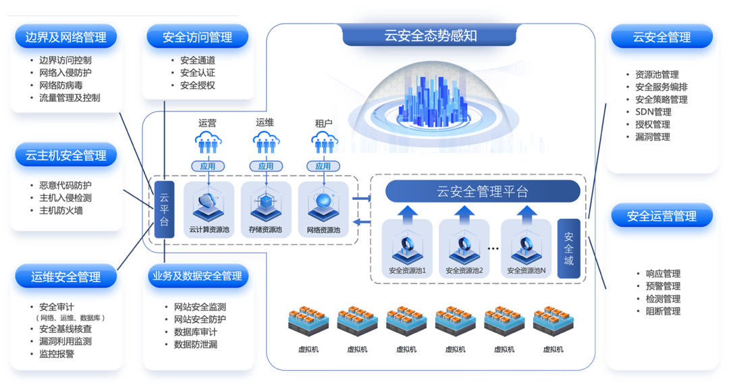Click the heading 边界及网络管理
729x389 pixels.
pos(65,37)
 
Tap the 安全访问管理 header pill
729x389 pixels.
pos(198,37)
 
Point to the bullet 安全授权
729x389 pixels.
pos(198,85)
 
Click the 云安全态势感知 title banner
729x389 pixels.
pos(431,36)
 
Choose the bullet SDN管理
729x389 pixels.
pos(653,111)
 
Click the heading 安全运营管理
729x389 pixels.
pos(661,216)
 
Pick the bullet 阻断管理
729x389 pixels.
pos(663,311)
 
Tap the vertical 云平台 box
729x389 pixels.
pos(164,209)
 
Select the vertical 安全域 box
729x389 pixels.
pos(568,250)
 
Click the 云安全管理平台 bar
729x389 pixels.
pos(483,191)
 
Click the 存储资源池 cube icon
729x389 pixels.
pos(265,203)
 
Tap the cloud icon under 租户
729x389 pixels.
pos(323,142)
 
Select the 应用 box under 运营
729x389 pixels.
pos(208,165)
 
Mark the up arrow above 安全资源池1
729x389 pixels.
pos(406,215)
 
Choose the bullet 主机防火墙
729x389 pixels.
pos(61,210)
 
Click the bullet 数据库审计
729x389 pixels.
pos(196,332)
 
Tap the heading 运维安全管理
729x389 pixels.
pos(65,277)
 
